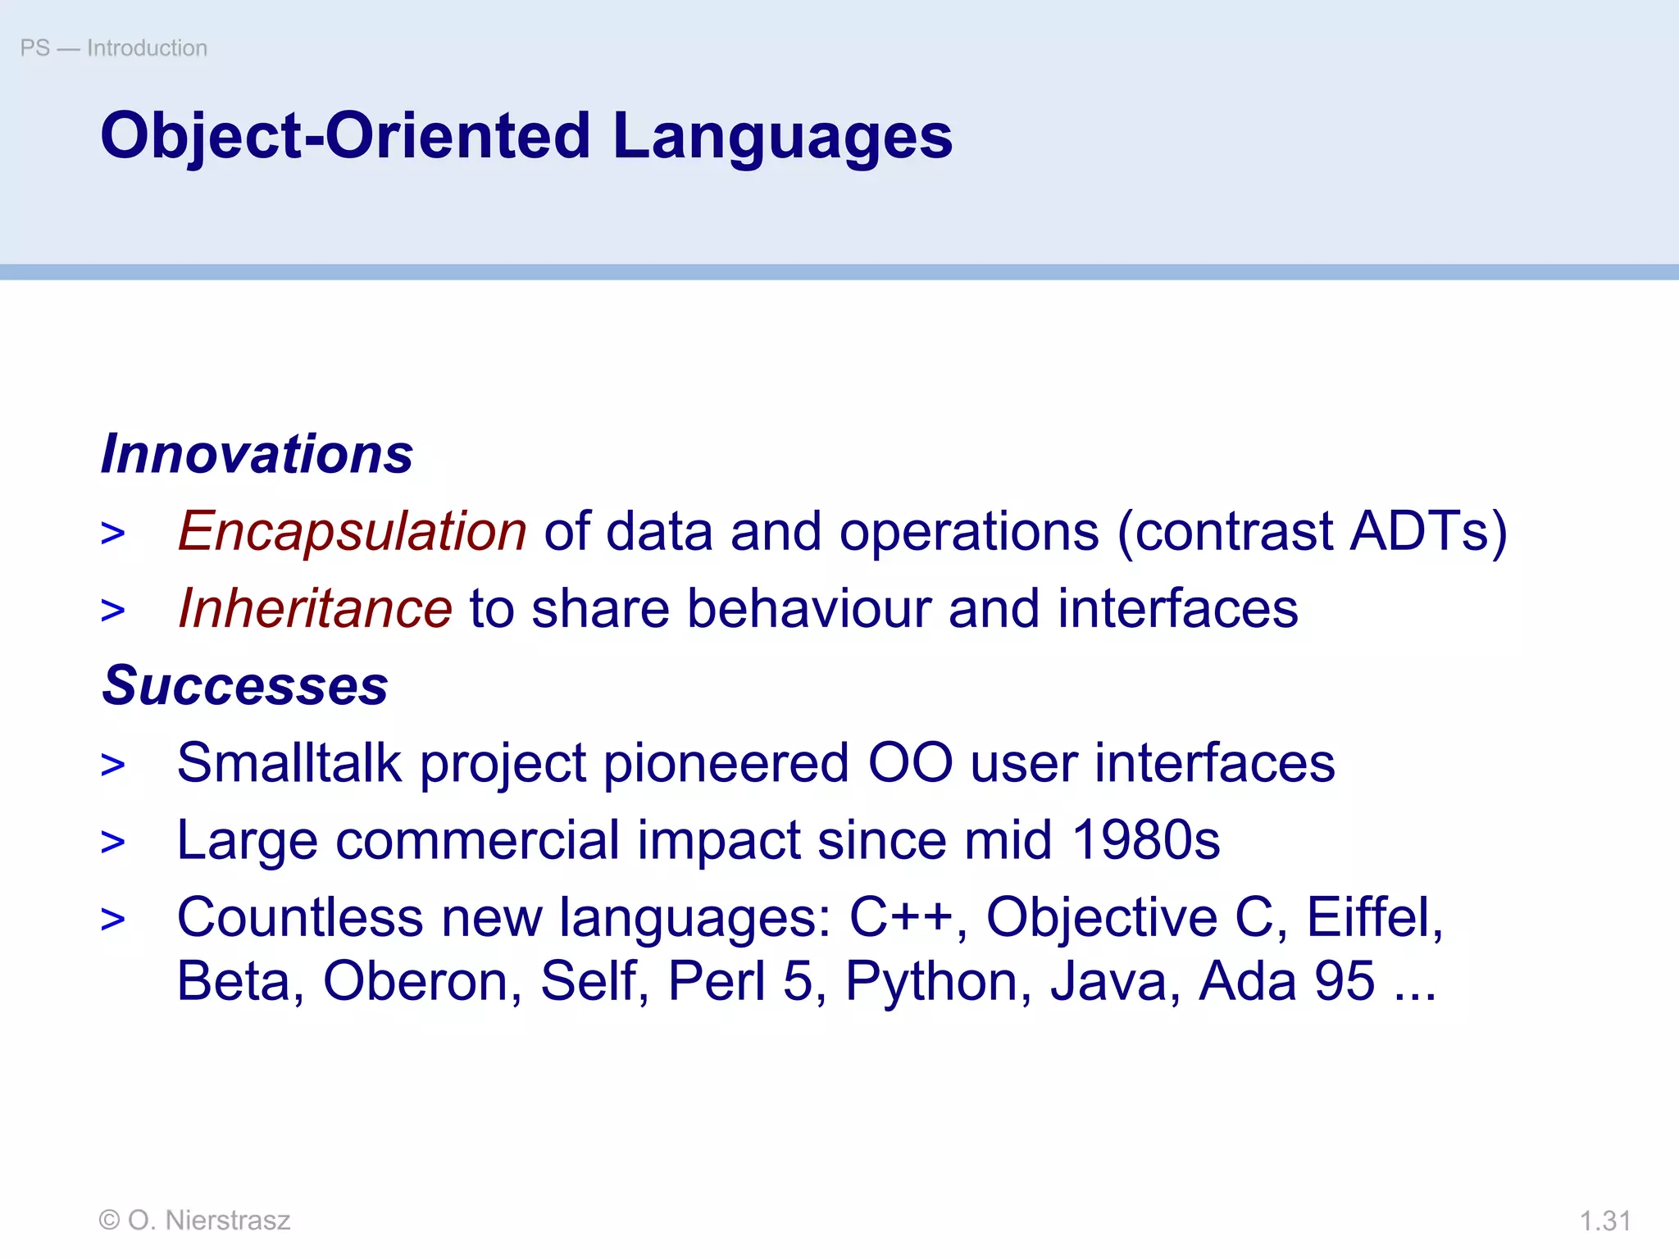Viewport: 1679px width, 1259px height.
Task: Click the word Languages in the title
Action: (782, 136)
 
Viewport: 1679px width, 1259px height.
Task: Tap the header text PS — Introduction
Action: (114, 48)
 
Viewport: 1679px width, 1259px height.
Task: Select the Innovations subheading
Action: (257, 453)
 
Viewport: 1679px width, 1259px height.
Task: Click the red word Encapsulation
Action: (353, 531)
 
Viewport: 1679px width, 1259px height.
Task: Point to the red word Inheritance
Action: (315, 608)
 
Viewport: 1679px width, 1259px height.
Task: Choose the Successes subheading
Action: (245, 685)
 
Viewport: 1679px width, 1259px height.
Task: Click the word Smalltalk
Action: (289, 762)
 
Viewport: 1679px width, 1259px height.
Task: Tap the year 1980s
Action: (1145, 840)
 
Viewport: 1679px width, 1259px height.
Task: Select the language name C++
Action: (900, 917)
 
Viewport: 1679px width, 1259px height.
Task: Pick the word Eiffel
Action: (1373, 917)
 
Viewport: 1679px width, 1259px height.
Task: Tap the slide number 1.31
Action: (1604, 1221)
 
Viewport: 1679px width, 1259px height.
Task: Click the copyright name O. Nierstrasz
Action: (208, 1220)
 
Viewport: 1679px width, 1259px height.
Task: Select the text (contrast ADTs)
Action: (1312, 531)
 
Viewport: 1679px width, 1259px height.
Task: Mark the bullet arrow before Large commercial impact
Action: (113, 843)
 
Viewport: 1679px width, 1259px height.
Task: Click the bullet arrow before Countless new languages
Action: (113, 920)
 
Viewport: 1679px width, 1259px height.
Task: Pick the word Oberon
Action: (422, 981)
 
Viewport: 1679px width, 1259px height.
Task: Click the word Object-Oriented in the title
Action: (345, 136)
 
